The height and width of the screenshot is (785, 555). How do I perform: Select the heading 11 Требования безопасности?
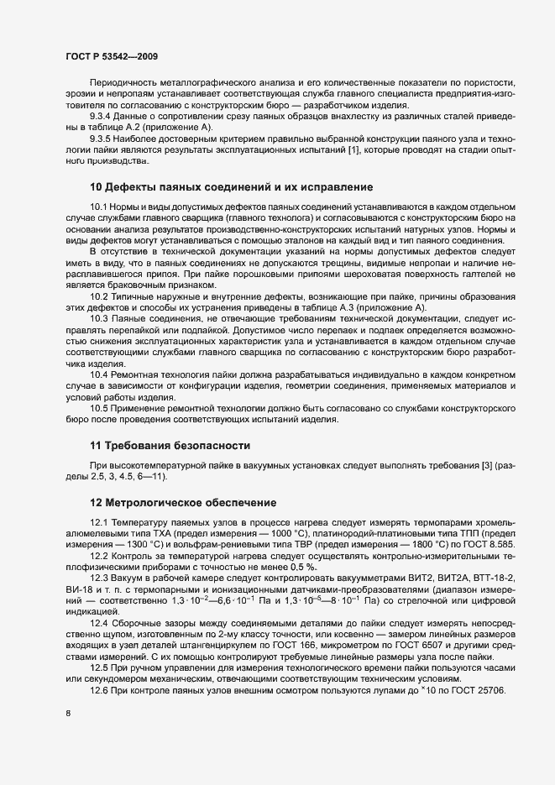pos(169,445)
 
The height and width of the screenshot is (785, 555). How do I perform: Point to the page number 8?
pos(68,714)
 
